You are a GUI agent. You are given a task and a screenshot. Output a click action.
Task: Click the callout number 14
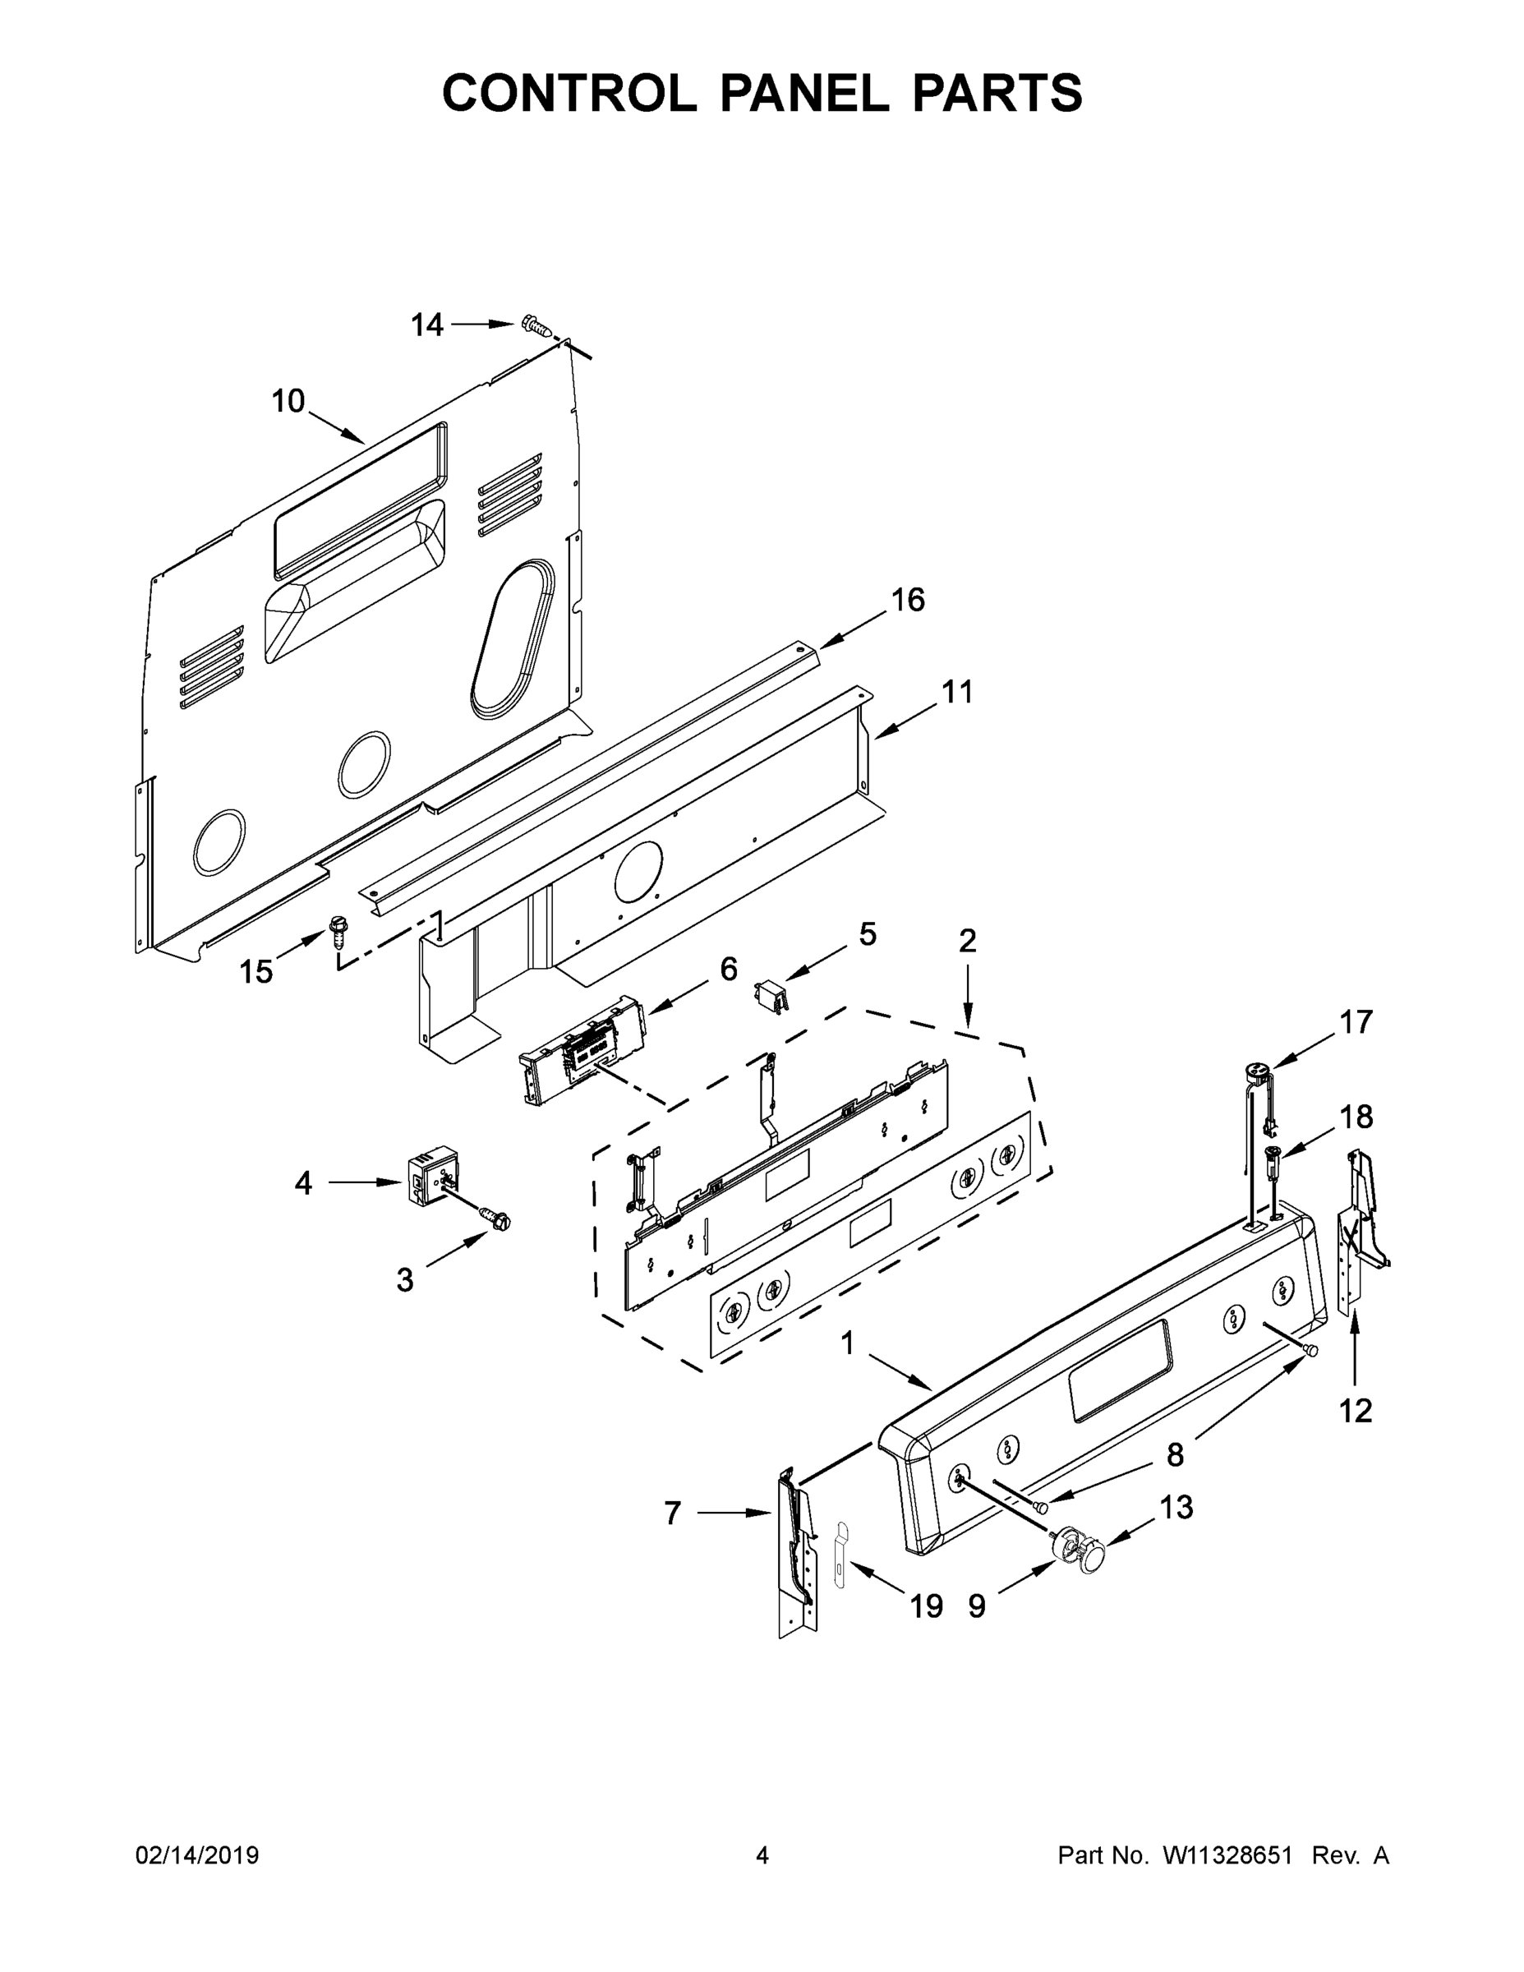coord(427,325)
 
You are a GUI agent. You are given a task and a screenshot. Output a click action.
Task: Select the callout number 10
coord(288,401)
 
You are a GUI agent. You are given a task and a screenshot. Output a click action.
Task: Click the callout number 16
coord(909,600)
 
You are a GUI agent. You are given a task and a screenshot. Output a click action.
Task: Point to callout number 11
coord(958,693)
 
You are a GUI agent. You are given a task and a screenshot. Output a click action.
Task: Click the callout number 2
coord(967,941)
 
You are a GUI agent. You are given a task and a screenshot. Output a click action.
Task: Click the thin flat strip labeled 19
coord(840,1552)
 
